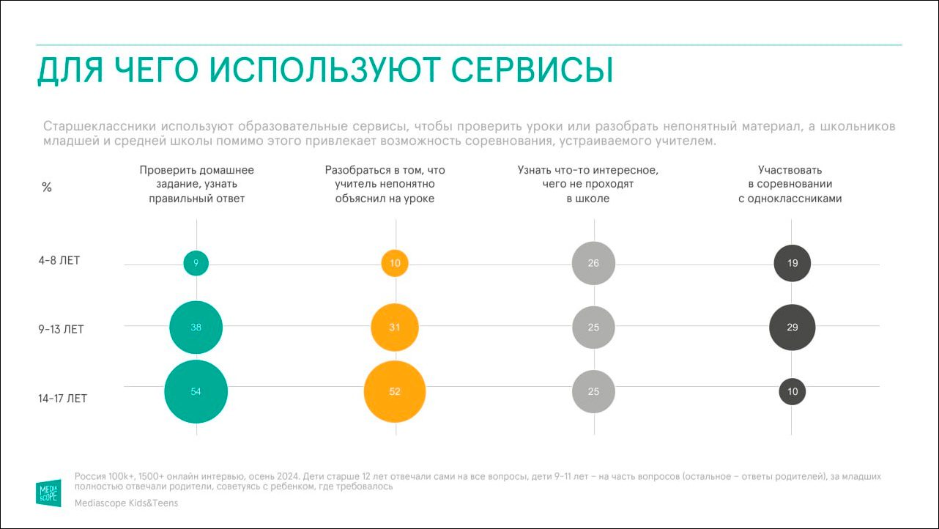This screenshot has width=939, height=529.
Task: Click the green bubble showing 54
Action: (196, 391)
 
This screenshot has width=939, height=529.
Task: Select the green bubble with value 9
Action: (196, 263)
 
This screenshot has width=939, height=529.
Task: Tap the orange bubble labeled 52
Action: (395, 391)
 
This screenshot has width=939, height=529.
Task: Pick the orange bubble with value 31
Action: (395, 327)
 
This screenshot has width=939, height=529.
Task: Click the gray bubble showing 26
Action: (593, 263)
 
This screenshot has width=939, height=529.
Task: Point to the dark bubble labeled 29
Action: (792, 327)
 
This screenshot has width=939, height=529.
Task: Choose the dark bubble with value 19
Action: (792, 263)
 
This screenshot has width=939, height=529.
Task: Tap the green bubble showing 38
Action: (196, 327)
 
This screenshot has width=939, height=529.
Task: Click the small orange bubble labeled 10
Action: (395, 263)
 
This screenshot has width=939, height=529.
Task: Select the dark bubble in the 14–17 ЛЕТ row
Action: (792, 391)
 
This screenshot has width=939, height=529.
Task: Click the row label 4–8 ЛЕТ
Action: (59, 261)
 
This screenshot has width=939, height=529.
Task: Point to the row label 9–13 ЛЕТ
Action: (62, 329)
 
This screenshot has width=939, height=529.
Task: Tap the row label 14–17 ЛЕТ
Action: (64, 399)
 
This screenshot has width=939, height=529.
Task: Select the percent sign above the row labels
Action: (47, 188)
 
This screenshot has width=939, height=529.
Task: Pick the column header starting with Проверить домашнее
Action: (196, 184)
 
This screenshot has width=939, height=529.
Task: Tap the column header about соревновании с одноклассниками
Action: (790, 184)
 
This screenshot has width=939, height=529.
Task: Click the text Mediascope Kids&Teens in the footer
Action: (126, 503)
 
